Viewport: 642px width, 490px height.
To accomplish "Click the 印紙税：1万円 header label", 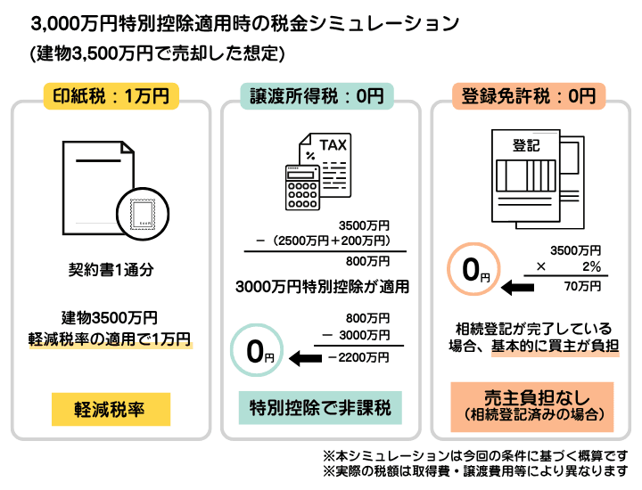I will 111,95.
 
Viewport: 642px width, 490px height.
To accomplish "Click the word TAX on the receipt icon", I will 334,144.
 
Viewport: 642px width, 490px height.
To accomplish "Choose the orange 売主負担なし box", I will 532,405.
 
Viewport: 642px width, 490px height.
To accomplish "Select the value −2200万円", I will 358,357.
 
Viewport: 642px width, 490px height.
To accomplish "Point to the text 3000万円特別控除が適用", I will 322,287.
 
